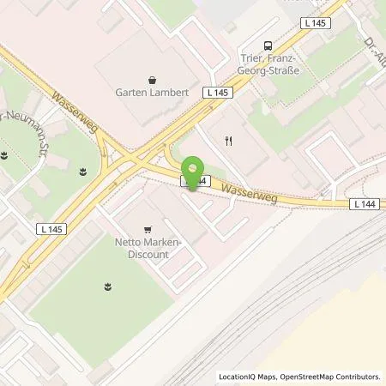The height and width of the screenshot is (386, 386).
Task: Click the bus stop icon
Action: click(x=268, y=46)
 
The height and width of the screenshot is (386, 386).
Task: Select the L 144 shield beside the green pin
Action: click(x=194, y=183)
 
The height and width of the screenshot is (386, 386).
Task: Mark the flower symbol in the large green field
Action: click(x=108, y=285)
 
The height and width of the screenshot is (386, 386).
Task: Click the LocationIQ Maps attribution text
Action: click(x=249, y=377)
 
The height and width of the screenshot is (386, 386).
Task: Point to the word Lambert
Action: click(x=164, y=93)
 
